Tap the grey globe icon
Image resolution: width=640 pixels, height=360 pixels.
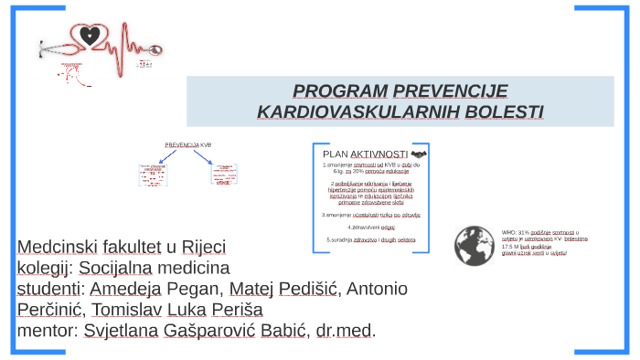click(x=475, y=245)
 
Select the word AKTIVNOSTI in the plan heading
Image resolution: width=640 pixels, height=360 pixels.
click(x=379, y=154)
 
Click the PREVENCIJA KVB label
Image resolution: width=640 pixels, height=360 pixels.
click(x=187, y=144)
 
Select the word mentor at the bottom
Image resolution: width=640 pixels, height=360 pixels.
click(x=48, y=331)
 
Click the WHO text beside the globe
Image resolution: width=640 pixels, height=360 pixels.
click(x=509, y=233)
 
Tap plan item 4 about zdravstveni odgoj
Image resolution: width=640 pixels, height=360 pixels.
click(x=371, y=227)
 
